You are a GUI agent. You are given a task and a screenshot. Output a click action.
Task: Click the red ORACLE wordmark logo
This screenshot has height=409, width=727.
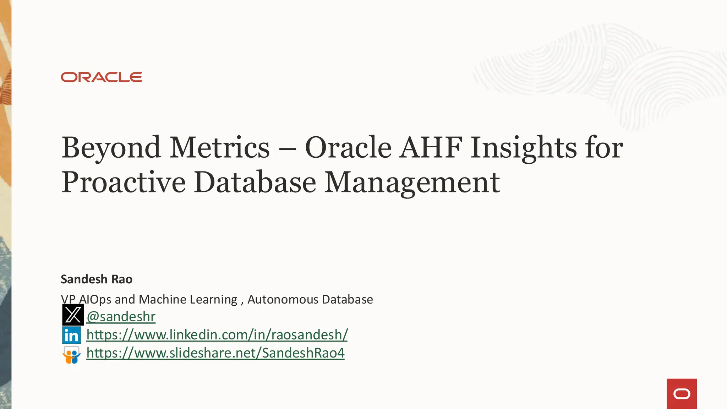[x=102, y=77]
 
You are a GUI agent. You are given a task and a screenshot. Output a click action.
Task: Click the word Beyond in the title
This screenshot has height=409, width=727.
[x=111, y=148]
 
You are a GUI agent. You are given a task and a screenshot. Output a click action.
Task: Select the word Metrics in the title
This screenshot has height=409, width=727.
[x=219, y=148]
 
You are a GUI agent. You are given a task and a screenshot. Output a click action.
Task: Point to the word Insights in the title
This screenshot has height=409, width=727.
[x=524, y=148]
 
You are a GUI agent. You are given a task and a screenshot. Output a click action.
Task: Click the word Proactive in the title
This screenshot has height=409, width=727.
[x=124, y=182]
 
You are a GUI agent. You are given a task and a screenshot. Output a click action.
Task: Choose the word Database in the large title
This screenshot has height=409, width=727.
[x=255, y=182]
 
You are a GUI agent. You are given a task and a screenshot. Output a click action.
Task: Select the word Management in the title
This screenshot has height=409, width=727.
[x=412, y=182]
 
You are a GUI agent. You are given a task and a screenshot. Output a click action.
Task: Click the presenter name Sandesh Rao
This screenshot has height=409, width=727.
[x=97, y=279]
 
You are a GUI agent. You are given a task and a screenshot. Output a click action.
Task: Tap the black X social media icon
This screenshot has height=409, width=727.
[x=73, y=315]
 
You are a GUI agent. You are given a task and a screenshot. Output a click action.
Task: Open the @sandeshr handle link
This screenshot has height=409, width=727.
[x=121, y=317]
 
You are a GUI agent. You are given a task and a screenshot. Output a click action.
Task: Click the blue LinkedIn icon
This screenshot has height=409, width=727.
[x=71, y=335]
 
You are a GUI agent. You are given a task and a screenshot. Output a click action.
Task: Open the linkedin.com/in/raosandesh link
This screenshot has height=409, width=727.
[x=217, y=335]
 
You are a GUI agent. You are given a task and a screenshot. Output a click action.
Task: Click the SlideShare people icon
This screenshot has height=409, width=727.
[x=71, y=355]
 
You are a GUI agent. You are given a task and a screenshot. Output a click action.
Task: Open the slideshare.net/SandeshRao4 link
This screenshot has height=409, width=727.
[x=215, y=353]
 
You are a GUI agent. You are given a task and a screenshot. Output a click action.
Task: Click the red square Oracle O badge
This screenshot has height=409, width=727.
[x=682, y=394]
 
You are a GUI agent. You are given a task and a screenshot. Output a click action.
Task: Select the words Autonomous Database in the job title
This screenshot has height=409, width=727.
[x=310, y=300]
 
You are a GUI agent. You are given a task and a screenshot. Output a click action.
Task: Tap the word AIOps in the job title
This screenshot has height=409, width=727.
[x=95, y=300]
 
